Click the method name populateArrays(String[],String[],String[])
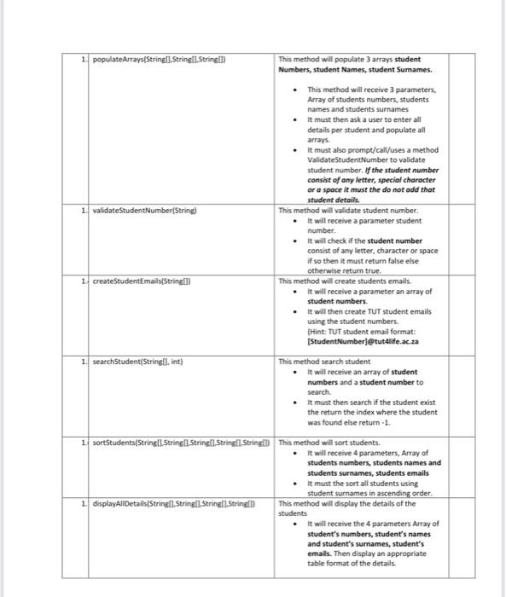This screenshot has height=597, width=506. pyautogui.click(x=162, y=60)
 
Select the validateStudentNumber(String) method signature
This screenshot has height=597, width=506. pyautogui.click(x=140, y=209)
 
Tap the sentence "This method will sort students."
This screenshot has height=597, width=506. pyautogui.click(x=329, y=443)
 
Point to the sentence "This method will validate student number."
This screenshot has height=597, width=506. pyautogui.click(x=348, y=209)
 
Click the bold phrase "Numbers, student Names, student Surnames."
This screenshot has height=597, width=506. pyautogui.click(x=355, y=70)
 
